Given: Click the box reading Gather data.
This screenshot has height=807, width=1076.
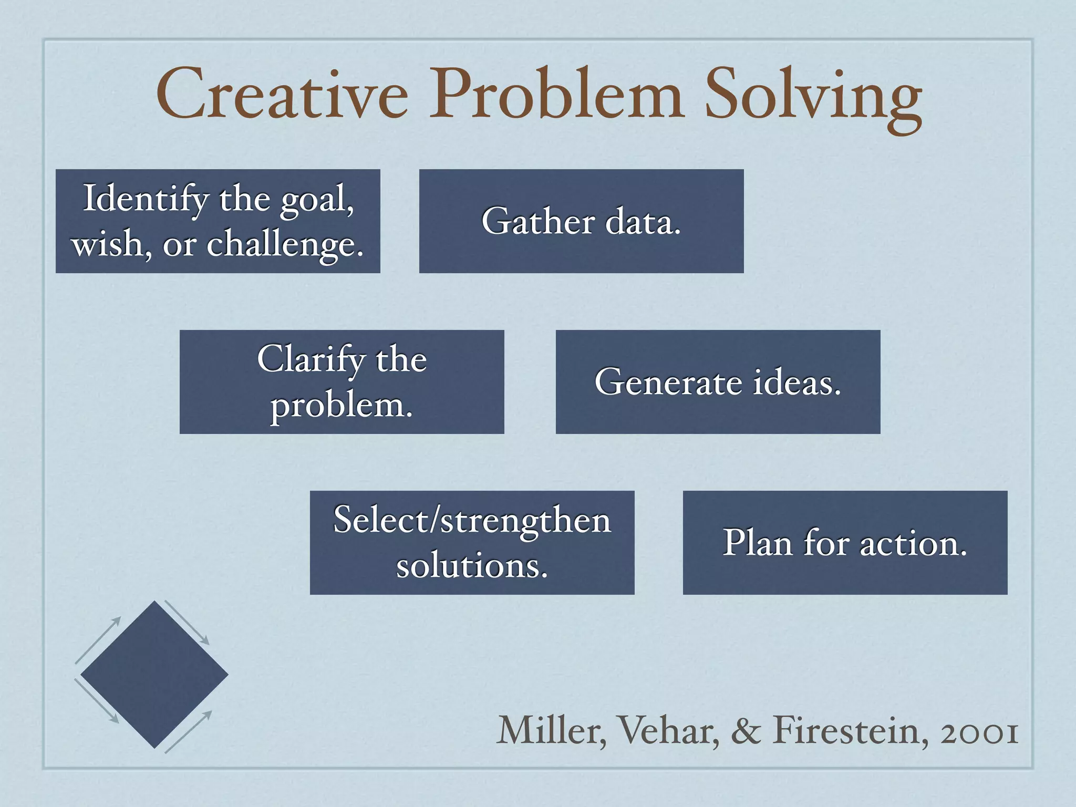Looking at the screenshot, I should click(581, 221).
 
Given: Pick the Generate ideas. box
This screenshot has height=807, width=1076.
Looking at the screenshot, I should click(718, 382).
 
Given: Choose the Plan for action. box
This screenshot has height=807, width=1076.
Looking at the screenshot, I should click(845, 543).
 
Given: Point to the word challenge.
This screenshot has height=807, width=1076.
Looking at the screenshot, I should click(285, 245).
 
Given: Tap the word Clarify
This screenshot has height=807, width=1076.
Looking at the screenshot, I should click(311, 360).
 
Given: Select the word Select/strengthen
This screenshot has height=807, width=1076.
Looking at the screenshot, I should click(472, 521).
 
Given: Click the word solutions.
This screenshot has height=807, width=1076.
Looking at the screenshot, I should click(472, 566).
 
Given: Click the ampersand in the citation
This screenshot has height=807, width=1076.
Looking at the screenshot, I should click(746, 731).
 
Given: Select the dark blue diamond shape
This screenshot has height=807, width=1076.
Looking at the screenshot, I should click(154, 675).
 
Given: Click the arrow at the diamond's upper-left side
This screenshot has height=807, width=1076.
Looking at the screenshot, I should click(98, 640).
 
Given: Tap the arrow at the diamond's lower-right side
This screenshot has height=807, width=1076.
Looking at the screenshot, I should click(188, 732).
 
